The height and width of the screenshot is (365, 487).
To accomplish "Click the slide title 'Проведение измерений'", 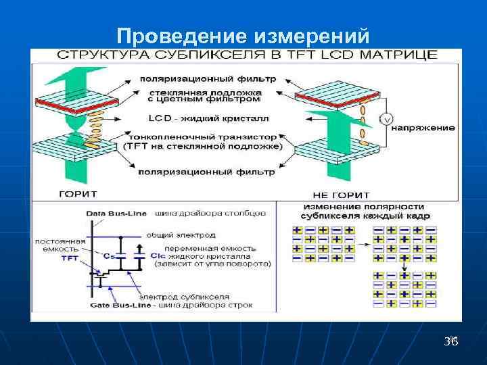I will point(243,34).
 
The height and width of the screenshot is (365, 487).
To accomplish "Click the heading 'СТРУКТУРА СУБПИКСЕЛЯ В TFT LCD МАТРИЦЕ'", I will point(247,55).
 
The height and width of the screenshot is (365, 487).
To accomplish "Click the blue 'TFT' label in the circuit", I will point(70,258).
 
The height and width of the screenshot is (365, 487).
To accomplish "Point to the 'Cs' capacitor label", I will point(109,255).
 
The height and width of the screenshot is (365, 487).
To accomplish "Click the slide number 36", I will point(450,343).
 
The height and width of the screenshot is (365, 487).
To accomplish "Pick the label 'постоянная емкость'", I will point(62,245).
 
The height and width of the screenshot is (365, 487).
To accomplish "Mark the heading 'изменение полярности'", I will point(364,206).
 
